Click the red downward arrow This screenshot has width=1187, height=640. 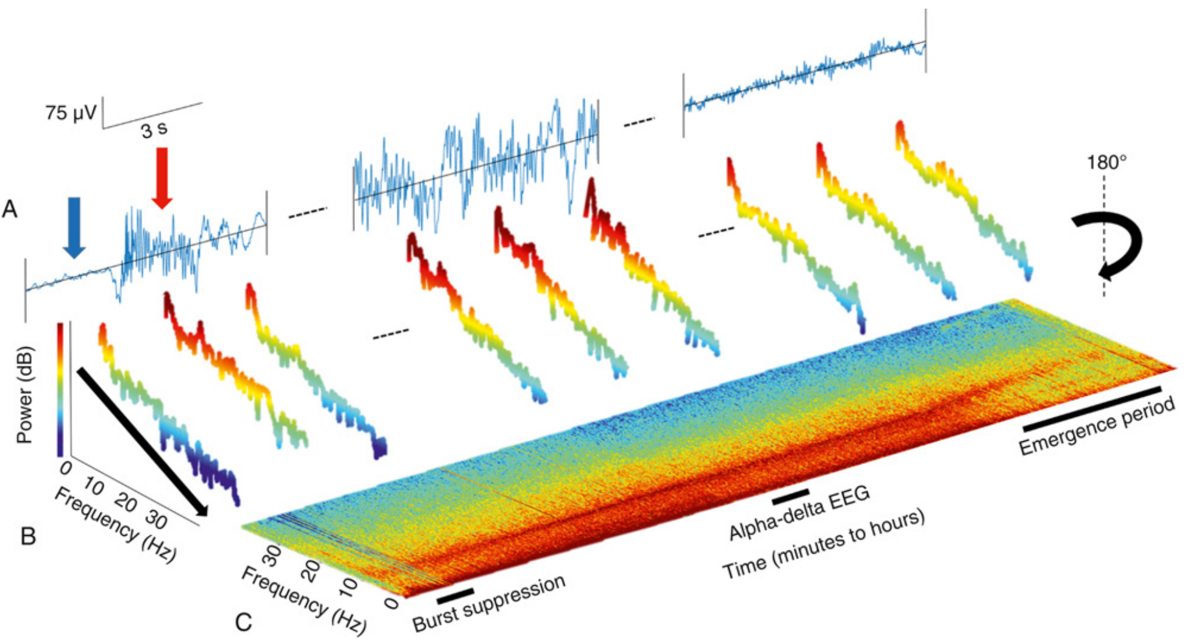(162, 177)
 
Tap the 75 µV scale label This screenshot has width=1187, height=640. (70, 113)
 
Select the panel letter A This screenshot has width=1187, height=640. (10, 210)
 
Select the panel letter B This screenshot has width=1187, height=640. (28, 536)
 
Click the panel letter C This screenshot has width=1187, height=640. (243, 622)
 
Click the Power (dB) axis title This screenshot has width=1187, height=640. (24, 395)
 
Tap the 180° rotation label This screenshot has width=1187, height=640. (1107, 162)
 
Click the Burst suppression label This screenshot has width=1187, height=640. (490, 603)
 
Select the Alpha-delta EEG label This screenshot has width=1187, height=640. (799, 514)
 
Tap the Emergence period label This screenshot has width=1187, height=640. (1097, 426)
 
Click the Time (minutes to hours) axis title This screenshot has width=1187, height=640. (824, 544)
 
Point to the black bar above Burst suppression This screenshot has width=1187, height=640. (455, 595)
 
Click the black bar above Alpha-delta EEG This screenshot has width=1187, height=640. (791, 496)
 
